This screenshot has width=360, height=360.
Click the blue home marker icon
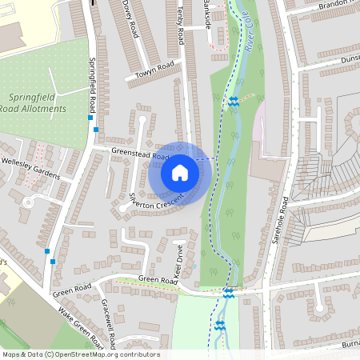[179, 172]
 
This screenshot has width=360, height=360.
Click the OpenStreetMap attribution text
[81, 354]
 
